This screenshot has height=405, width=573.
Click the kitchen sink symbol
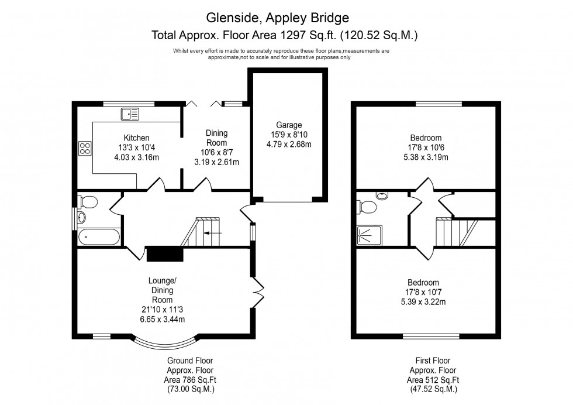point(129,113)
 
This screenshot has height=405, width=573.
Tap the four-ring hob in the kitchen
point(85,148)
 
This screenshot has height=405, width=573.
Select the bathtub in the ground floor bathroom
point(98,237)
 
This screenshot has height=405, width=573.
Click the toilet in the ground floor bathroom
point(88,202)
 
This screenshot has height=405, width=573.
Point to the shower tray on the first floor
point(369,235)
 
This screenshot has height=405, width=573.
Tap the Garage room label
point(289,125)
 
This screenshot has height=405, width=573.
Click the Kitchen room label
point(136,138)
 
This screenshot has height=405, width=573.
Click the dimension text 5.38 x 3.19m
point(425,157)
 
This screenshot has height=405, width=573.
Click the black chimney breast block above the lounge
point(165,253)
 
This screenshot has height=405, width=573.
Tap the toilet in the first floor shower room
point(367,207)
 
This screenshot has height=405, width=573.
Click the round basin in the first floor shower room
point(382,196)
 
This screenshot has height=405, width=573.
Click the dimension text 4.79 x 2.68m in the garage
point(289,144)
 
